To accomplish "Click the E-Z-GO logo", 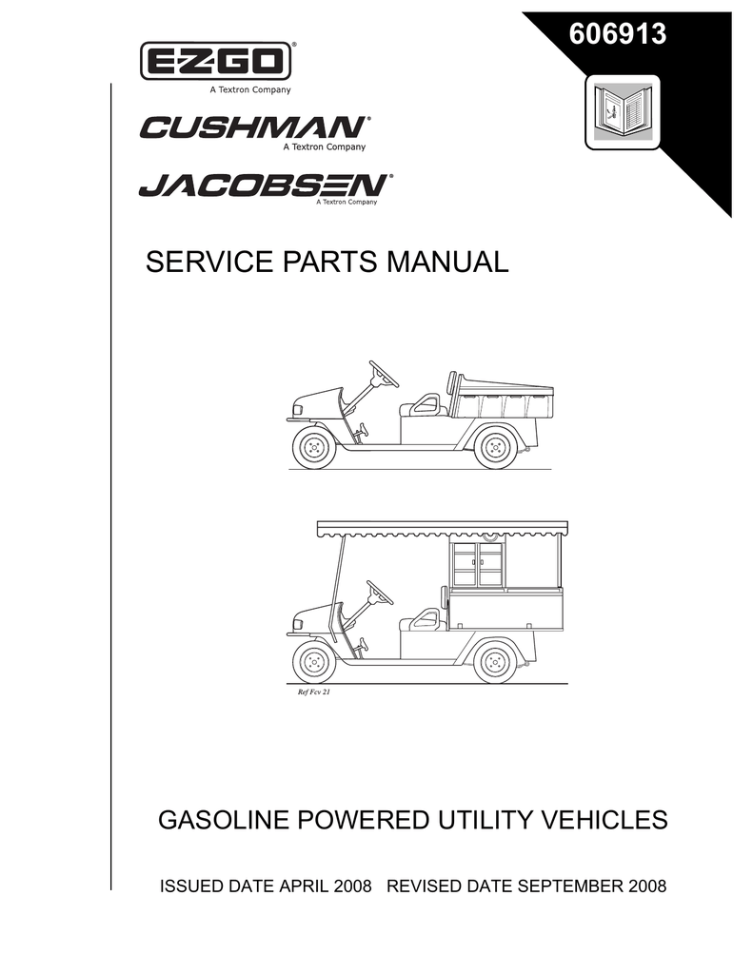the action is point(216,62).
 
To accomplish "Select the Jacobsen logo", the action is point(266,185).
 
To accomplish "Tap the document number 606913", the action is point(618,33).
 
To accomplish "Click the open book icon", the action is point(623,112).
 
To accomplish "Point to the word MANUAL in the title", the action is point(447,262).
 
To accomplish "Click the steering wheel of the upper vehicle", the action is point(384,374).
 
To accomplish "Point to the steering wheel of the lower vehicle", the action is point(380,593).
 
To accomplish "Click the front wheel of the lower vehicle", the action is point(313,662).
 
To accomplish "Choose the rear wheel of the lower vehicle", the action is point(495,662).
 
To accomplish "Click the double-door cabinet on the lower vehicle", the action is point(478,564).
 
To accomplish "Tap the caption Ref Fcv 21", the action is point(314,692).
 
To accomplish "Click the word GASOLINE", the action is point(225,820).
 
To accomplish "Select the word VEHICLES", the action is point(604,820).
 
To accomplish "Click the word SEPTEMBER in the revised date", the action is point(569,886).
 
